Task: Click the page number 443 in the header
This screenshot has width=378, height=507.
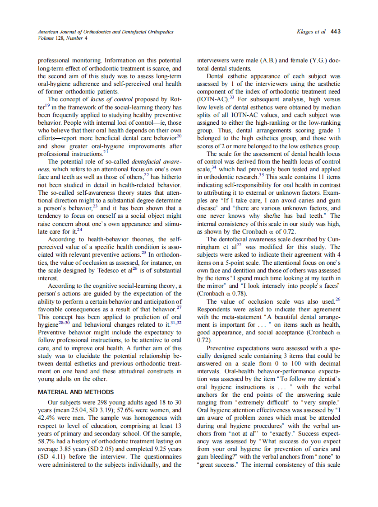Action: click(x=336, y=32)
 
